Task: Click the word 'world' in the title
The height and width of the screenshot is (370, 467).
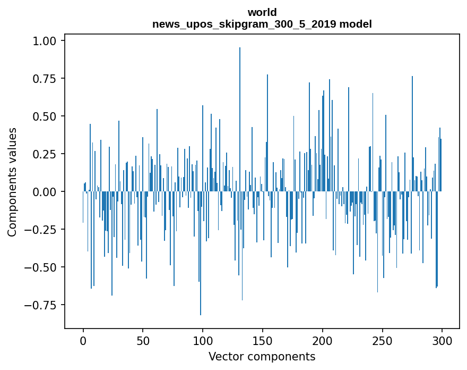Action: tap(262, 12)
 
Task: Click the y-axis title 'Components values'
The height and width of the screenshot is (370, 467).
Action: tap(12, 182)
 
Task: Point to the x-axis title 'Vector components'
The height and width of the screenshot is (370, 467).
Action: tap(262, 357)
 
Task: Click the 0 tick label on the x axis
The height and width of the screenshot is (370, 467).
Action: tap(83, 341)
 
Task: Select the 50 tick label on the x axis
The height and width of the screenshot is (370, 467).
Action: tap(143, 341)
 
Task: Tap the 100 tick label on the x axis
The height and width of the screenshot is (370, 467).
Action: tap(203, 341)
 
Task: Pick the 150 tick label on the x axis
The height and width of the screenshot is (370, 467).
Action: tap(263, 341)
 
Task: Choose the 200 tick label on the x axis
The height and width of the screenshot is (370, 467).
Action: tap(323, 341)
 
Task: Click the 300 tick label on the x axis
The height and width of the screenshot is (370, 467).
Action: tap(442, 341)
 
